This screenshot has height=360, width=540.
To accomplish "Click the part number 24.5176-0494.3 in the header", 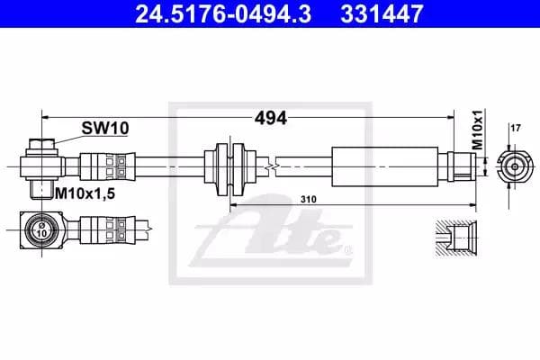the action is (223, 13).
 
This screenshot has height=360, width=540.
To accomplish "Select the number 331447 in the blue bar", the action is (382, 13).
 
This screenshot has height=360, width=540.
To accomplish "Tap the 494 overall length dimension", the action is (271, 118).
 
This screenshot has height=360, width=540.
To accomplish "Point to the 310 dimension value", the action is (308, 200).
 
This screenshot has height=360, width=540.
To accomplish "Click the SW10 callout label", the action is (105, 128).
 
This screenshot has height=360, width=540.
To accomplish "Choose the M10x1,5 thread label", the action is (85, 193).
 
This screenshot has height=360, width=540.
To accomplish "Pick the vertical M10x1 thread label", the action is (477, 130).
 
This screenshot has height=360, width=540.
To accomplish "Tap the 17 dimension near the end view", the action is (516, 128).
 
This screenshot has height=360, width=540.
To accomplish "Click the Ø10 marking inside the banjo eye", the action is (42, 229).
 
